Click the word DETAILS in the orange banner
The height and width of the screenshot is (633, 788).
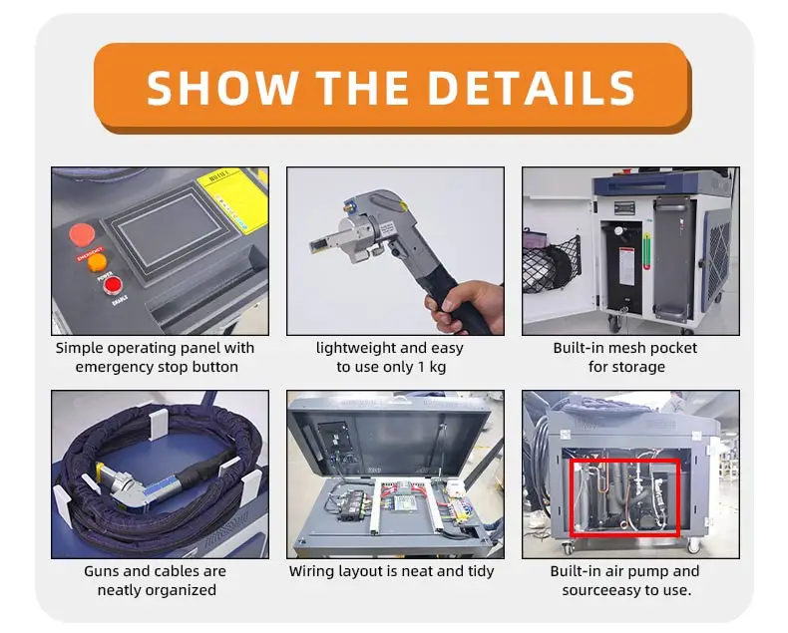532,88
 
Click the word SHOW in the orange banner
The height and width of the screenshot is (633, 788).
222,88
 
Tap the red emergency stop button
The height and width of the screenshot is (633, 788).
82,235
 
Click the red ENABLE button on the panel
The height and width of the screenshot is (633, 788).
112,285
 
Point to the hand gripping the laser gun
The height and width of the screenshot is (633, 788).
464,306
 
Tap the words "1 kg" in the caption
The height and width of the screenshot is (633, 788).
432,367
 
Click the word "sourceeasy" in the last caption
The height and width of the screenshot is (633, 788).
598,590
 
